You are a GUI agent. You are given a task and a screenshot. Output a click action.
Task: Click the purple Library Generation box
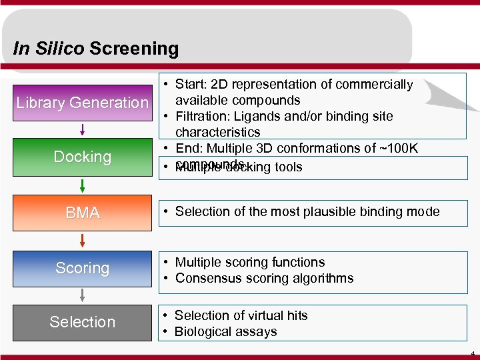click(82, 102)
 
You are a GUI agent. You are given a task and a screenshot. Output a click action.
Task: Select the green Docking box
click(82, 157)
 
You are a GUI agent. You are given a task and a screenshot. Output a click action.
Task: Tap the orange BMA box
click(82, 213)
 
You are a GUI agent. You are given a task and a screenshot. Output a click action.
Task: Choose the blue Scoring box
click(82, 268)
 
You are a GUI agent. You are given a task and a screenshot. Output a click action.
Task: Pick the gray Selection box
click(82, 322)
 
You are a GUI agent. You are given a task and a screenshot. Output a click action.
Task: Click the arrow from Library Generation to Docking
click(82, 129)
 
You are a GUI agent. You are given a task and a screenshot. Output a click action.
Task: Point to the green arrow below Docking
click(82, 185)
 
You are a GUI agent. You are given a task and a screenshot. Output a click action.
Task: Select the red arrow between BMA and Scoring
click(82, 240)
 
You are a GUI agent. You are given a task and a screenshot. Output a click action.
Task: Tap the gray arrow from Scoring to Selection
click(82, 295)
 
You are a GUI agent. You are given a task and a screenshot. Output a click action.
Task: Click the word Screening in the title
click(134, 49)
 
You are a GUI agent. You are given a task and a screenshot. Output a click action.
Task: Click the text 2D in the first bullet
click(218, 84)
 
